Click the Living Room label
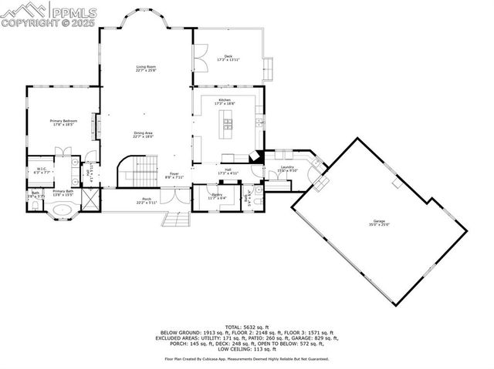(x=147, y=69)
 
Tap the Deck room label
(x=228, y=57)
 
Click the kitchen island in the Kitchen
(x=227, y=120)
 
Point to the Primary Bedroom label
(x=63, y=122)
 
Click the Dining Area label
(x=144, y=135)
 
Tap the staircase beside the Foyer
(x=135, y=170)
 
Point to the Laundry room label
(x=287, y=169)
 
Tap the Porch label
(x=147, y=201)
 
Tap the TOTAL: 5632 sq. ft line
(x=246, y=327)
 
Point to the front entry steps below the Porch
(x=176, y=220)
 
